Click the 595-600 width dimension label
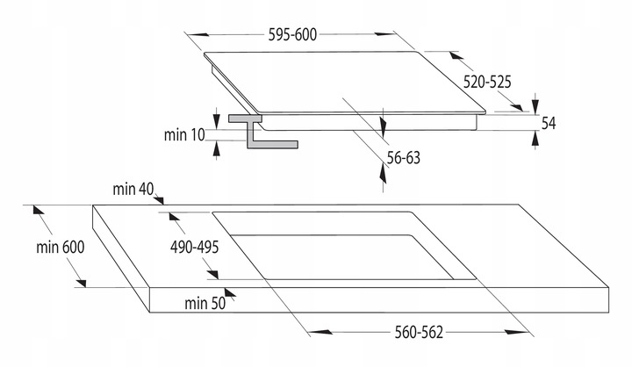point(291,35)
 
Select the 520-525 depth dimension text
point(487,81)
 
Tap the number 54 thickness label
point(549,123)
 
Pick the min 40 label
point(133,190)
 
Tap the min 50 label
point(205,303)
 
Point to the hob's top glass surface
point(342,83)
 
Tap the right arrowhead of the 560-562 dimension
point(517,333)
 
